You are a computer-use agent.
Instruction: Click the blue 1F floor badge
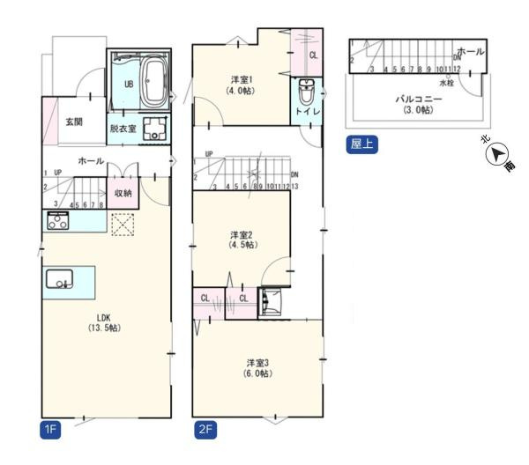click(x=50, y=430)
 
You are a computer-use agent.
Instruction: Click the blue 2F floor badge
click(x=205, y=430)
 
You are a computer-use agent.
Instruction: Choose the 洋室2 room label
click(x=242, y=240)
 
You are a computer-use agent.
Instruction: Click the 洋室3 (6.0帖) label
click(x=257, y=367)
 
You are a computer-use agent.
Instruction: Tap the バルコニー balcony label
click(x=418, y=104)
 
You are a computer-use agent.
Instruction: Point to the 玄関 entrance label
click(x=74, y=122)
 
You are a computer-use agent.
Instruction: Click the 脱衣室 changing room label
click(x=123, y=129)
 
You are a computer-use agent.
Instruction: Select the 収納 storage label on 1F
click(x=123, y=193)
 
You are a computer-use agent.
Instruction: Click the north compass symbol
click(x=500, y=155)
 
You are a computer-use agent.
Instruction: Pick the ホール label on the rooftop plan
click(x=471, y=53)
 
